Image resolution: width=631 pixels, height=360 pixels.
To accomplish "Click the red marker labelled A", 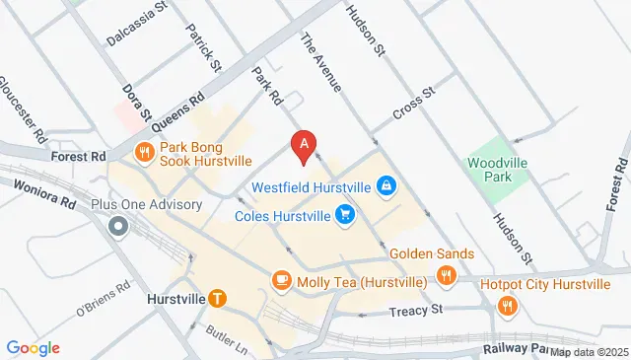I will click(x=305, y=146).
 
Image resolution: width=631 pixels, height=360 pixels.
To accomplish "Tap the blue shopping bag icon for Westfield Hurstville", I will click(x=388, y=184).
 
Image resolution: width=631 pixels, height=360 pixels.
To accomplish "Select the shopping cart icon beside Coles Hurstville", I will click(x=344, y=213).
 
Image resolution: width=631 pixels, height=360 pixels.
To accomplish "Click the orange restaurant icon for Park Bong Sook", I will click(x=145, y=151).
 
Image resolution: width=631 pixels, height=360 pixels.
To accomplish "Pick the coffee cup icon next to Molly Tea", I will click(x=281, y=281).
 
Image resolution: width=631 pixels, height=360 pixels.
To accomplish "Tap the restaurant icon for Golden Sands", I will click(x=446, y=275).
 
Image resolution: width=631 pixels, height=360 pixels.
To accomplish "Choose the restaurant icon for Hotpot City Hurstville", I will click(x=507, y=305).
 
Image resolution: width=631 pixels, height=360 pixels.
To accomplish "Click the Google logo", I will click(x=34, y=347).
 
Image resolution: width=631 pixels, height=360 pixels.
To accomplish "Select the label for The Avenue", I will click(x=319, y=62).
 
